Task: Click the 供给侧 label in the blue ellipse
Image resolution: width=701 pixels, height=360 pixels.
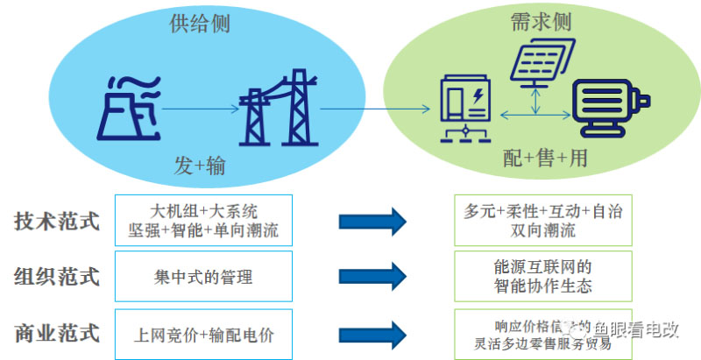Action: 199,24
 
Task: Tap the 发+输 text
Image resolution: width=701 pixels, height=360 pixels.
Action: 201,166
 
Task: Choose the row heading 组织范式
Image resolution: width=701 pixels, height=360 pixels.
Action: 56,277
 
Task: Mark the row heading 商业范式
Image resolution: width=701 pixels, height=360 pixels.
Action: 56,333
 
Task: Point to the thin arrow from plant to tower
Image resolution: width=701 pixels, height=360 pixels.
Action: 200,109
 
